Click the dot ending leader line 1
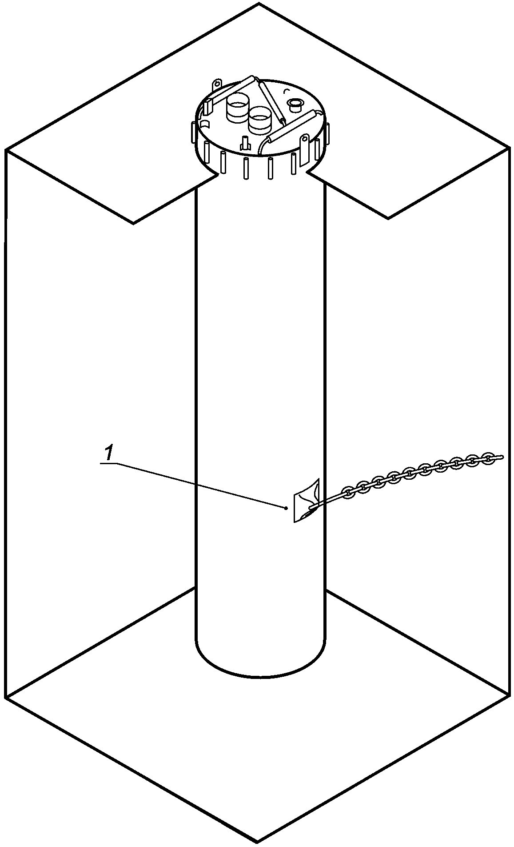[x=287, y=507]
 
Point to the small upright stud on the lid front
[x=244, y=144]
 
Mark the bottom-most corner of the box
[x=258, y=841]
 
